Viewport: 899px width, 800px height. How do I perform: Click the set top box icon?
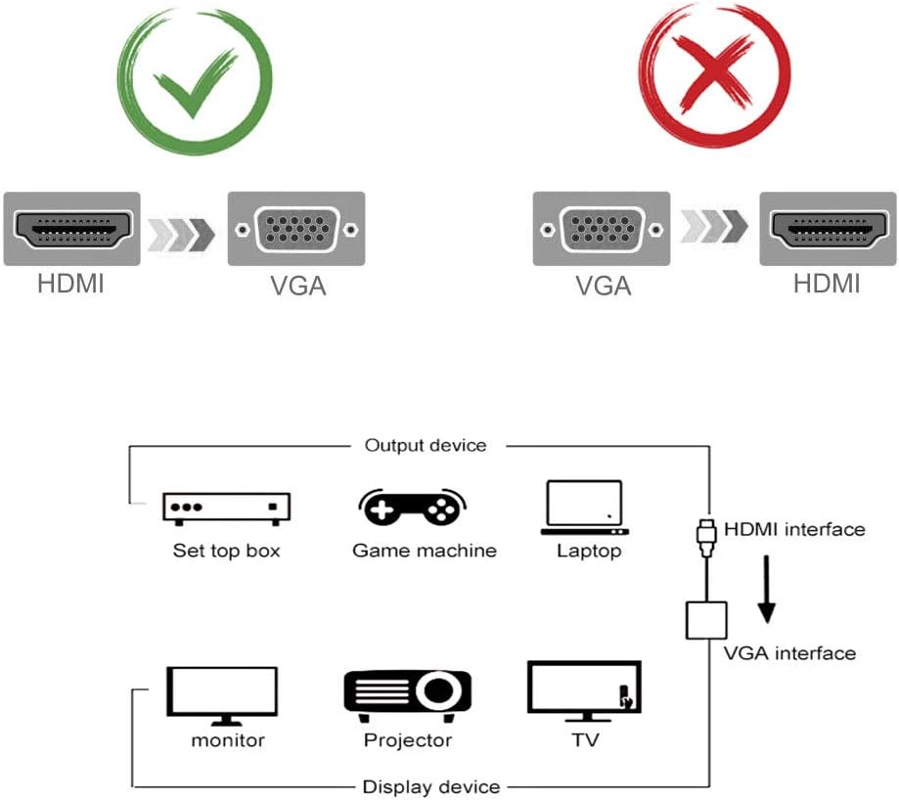[x=227, y=507]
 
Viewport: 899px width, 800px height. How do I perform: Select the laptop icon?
[x=583, y=508]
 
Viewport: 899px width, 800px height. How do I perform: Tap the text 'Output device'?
[x=425, y=446]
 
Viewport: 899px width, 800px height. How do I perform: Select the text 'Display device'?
[x=431, y=786]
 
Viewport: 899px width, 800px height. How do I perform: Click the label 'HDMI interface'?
[x=794, y=529]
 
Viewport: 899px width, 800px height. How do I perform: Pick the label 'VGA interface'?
[x=789, y=653]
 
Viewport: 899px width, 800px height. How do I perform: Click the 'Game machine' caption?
[x=425, y=551]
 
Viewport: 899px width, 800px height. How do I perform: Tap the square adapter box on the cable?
[x=708, y=620]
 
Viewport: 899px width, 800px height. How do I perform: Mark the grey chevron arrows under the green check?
[x=182, y=232]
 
